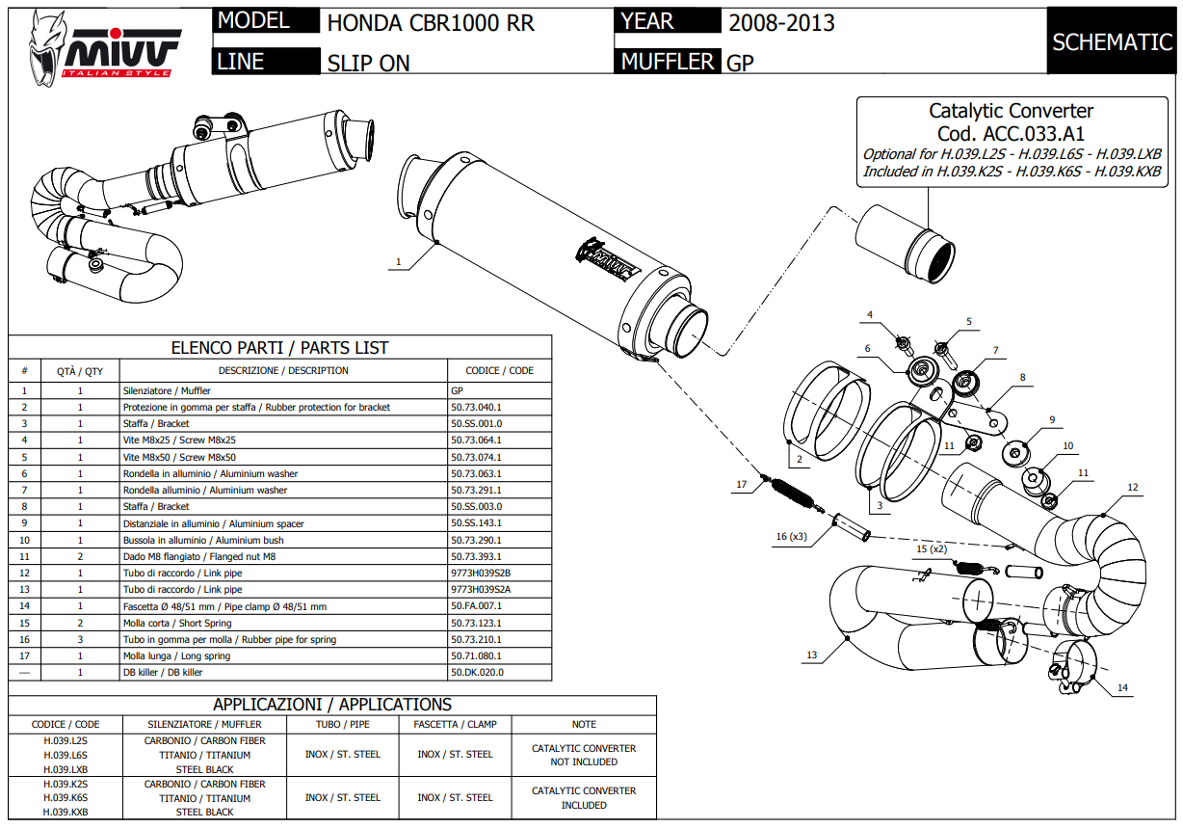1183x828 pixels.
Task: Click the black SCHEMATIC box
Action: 1112,41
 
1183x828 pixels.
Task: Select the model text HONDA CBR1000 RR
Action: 431,23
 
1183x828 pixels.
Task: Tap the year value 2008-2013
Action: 781,23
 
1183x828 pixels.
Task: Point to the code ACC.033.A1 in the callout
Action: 1011,134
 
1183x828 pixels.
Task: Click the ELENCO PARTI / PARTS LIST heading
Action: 279,347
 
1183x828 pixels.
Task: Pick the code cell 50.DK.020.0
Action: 477,672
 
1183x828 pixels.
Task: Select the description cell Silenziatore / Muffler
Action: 167,391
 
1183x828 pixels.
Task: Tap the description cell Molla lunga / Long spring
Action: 176,655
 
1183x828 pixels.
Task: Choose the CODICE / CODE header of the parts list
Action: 499,370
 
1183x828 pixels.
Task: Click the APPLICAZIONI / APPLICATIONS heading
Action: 332,705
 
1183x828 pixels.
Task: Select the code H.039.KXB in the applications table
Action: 66,812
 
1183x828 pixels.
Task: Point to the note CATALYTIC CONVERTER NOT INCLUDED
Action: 584,755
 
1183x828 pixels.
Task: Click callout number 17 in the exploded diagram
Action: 742,485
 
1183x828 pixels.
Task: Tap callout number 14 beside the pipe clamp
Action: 1121,688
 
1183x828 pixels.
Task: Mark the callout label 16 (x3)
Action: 789,536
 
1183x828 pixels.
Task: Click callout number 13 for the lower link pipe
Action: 811,655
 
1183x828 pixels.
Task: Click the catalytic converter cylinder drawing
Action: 907,243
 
